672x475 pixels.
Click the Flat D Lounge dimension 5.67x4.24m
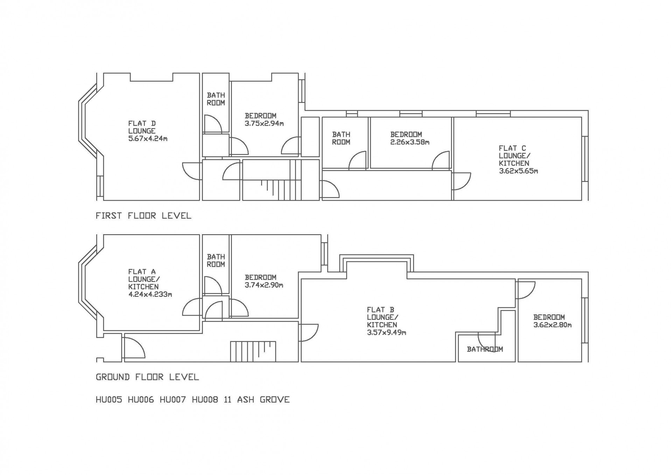pos(148,139)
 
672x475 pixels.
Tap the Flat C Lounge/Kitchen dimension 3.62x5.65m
pos(518,171)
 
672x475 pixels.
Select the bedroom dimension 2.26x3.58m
pos(410,142)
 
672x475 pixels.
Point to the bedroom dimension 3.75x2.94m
pos(264,123)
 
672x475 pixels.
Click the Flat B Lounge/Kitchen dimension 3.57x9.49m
pos(386,333)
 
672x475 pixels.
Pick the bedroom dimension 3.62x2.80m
pos(552,325)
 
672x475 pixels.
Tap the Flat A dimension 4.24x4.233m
pos(150,294)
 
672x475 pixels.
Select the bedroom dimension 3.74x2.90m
pos(264,285)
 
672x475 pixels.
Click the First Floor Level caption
pos(143,216)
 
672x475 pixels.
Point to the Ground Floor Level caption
pos(147,377)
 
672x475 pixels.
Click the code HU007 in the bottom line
pos(173,399)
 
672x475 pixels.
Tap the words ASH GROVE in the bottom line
pos(263,399)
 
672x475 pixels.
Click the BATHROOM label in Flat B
pos(485,349)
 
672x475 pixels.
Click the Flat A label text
pos(142,272)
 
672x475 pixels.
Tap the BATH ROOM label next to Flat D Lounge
pos(216,99)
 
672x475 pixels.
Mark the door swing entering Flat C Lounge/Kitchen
pos(462,180)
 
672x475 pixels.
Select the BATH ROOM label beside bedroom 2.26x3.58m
pos(341,138)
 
